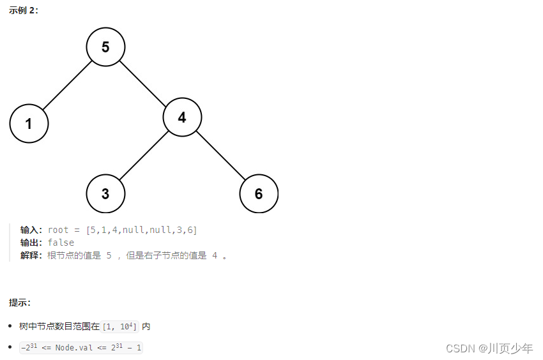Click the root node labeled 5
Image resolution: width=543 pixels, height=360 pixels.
click(105, 47)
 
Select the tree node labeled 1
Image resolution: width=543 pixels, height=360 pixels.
click(29, 123)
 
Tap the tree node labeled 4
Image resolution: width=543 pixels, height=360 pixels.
click(182, 117)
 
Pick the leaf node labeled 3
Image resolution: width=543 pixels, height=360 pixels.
click(105, 193)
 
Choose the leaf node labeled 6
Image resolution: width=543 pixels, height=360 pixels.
click(259, 193)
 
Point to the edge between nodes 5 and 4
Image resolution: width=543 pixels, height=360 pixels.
click(144, 82)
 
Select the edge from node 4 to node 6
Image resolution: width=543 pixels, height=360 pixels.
click(220, 155)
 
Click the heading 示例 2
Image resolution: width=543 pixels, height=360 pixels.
click(24, 11)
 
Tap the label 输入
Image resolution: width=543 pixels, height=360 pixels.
click(31, 230)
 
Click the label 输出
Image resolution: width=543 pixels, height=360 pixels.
click(31, 243)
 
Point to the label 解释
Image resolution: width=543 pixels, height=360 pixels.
click(31, 255)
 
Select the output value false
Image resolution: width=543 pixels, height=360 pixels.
click(61, 243)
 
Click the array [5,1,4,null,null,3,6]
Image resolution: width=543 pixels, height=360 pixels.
click(141, 230)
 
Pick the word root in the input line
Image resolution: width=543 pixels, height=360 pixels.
click(58, 230)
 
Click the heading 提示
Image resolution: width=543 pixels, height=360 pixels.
click(20, 302)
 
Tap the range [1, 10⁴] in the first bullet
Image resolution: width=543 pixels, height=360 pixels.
click(119, 326)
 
